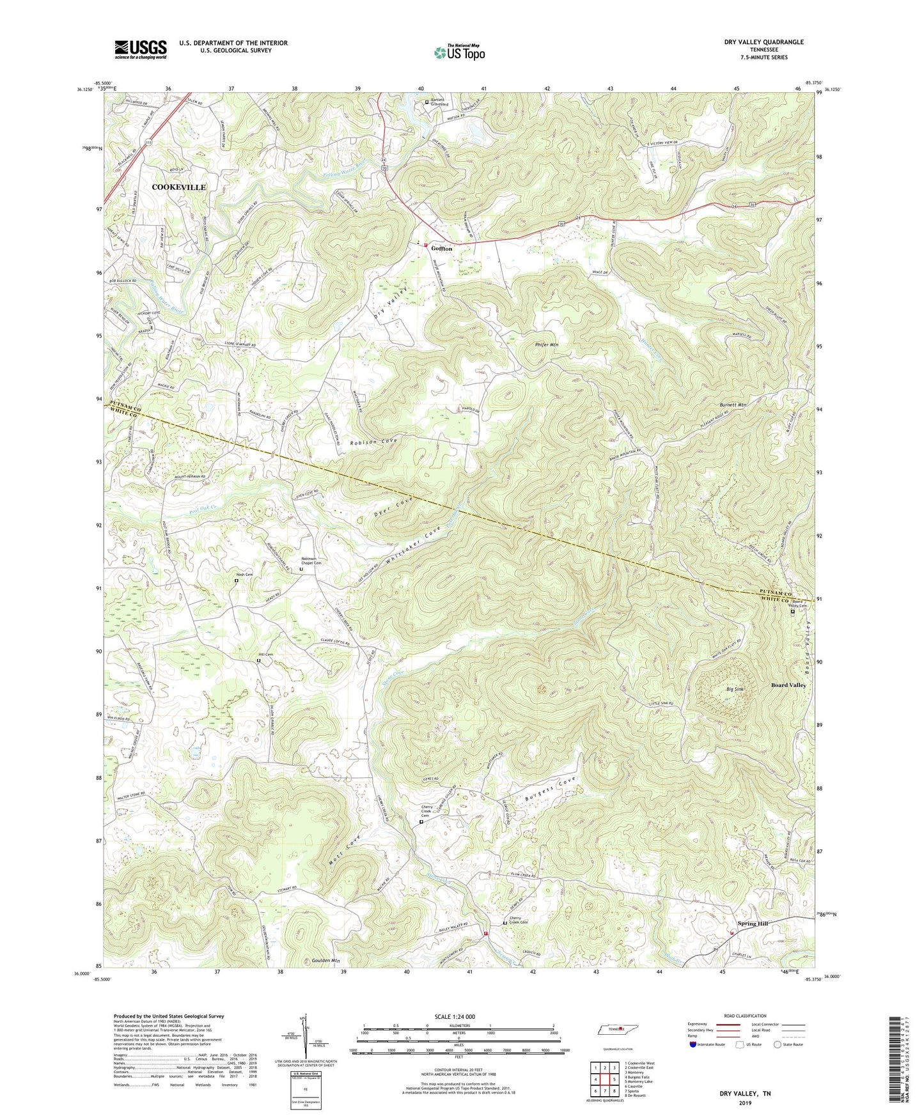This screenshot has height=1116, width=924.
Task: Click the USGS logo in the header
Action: click(x=141, y=49)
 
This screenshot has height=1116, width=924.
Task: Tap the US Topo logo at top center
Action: click(x=458, y=52)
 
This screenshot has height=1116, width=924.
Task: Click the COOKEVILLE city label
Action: click(x=179, y=187)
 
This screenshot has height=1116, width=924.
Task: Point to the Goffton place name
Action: click(x=441, y=249)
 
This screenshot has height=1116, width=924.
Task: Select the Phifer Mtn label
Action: click(x=547, y=345)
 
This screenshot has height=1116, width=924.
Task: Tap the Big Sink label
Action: click(x=735, y=690)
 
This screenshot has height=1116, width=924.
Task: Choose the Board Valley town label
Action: click(x=788, y=685)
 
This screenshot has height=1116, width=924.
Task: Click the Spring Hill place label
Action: click(x=753, y=923)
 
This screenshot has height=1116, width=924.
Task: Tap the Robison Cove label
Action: click(x=373, y=442)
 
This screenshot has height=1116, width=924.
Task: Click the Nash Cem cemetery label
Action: click(x=244, y=575)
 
